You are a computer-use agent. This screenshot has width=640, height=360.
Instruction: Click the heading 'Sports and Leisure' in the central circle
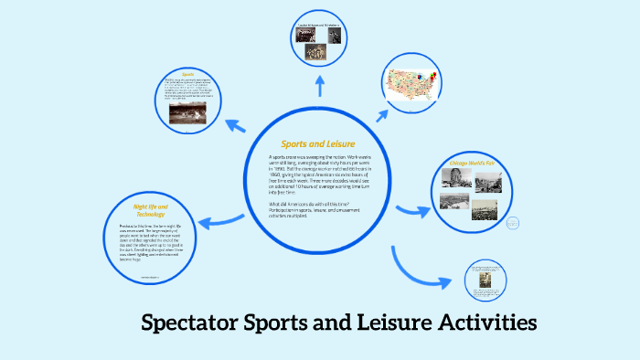(x=317, y=144)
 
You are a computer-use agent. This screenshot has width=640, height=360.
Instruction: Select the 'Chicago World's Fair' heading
(x=472, y=164)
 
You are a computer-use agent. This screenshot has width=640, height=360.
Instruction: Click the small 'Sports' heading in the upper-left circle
(x=188, y=73)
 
